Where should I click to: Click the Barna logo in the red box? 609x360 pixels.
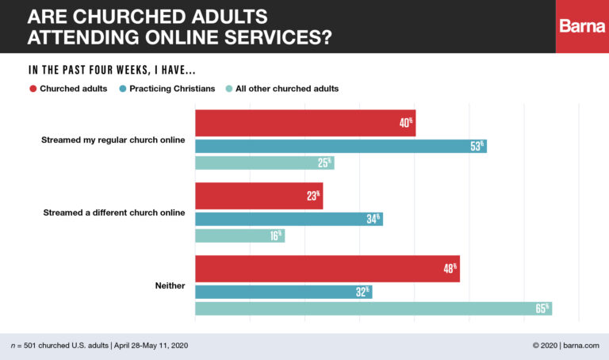coord(582,26)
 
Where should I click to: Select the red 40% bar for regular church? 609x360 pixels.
coord(305,123)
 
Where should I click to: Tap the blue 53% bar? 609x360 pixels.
coord(340,146)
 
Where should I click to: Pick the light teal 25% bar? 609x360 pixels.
coord(264,163)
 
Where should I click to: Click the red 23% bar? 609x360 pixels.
coord(259,196)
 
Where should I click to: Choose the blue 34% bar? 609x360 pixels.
coord(289,219)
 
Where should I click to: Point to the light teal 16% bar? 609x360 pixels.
coord(239,236)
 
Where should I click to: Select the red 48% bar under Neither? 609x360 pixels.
coord(327,268)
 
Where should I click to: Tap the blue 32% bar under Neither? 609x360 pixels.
coord(283,292)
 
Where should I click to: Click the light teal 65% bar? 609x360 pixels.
coord(373,308)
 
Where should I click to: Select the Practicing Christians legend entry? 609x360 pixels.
coord(167,89)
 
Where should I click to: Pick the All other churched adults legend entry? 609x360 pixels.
coord(281,89)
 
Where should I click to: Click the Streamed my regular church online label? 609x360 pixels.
coord(113,140)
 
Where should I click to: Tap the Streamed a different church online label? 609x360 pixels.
coord(113,213)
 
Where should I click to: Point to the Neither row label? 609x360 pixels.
coord(169,285)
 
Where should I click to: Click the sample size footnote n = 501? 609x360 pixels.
coord(99,346)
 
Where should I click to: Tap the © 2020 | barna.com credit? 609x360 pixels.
coord(563,346)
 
